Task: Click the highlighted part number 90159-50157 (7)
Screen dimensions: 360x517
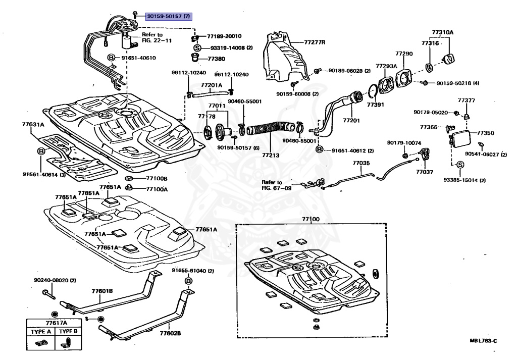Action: point(169,16)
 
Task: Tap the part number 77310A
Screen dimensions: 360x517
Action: point(442,33)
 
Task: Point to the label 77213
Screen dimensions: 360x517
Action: point(271,155)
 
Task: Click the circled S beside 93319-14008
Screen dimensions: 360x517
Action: point(197,47)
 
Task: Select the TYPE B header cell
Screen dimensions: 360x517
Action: point(67,332)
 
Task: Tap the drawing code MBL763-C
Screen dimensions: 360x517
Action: point(483,341)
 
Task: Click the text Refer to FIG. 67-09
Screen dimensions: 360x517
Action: point(277,185)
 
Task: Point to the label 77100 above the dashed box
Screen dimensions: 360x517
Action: point(311,219)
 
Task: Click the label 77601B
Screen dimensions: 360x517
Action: point(102,291)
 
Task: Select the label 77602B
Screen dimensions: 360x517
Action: point(170,333)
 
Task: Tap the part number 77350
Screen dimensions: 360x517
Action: point(486,133)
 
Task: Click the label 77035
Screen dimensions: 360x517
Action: point(361,163)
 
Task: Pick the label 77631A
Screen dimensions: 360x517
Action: point(33,124)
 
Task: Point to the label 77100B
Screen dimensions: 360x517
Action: point(157,179)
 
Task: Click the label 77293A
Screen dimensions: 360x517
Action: point(386,66)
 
